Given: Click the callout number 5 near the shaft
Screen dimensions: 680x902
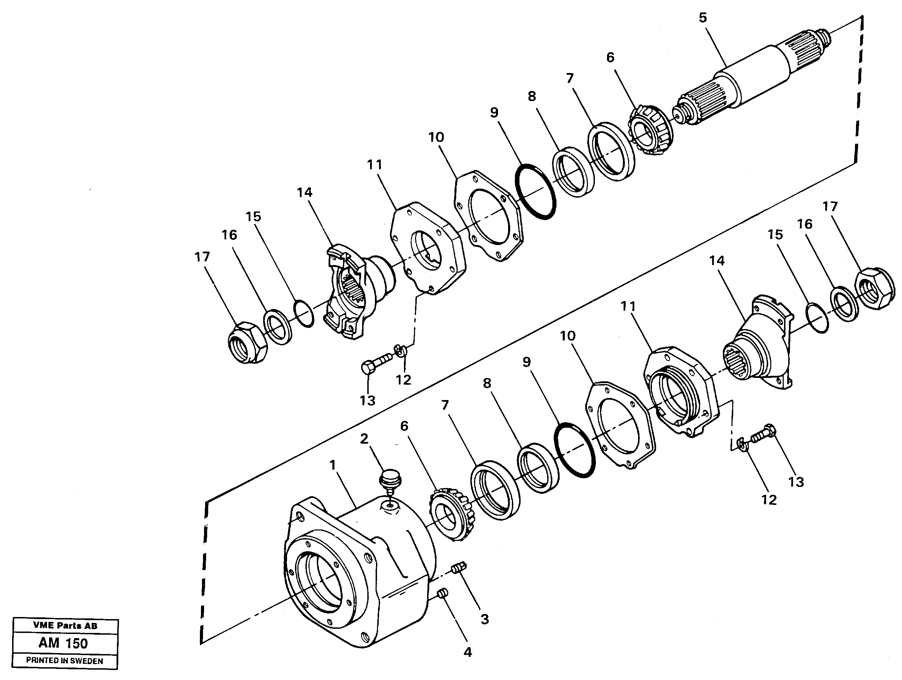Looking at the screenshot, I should tap(702, 18).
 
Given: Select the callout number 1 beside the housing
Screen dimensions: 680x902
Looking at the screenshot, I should tap(333, 465).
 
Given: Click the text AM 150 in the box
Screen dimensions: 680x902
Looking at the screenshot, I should tap(63, 643).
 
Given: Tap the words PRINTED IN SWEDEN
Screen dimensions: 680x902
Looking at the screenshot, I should tap(64, 661).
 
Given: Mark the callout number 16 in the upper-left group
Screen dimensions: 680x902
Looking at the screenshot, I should tap(229, 235).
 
